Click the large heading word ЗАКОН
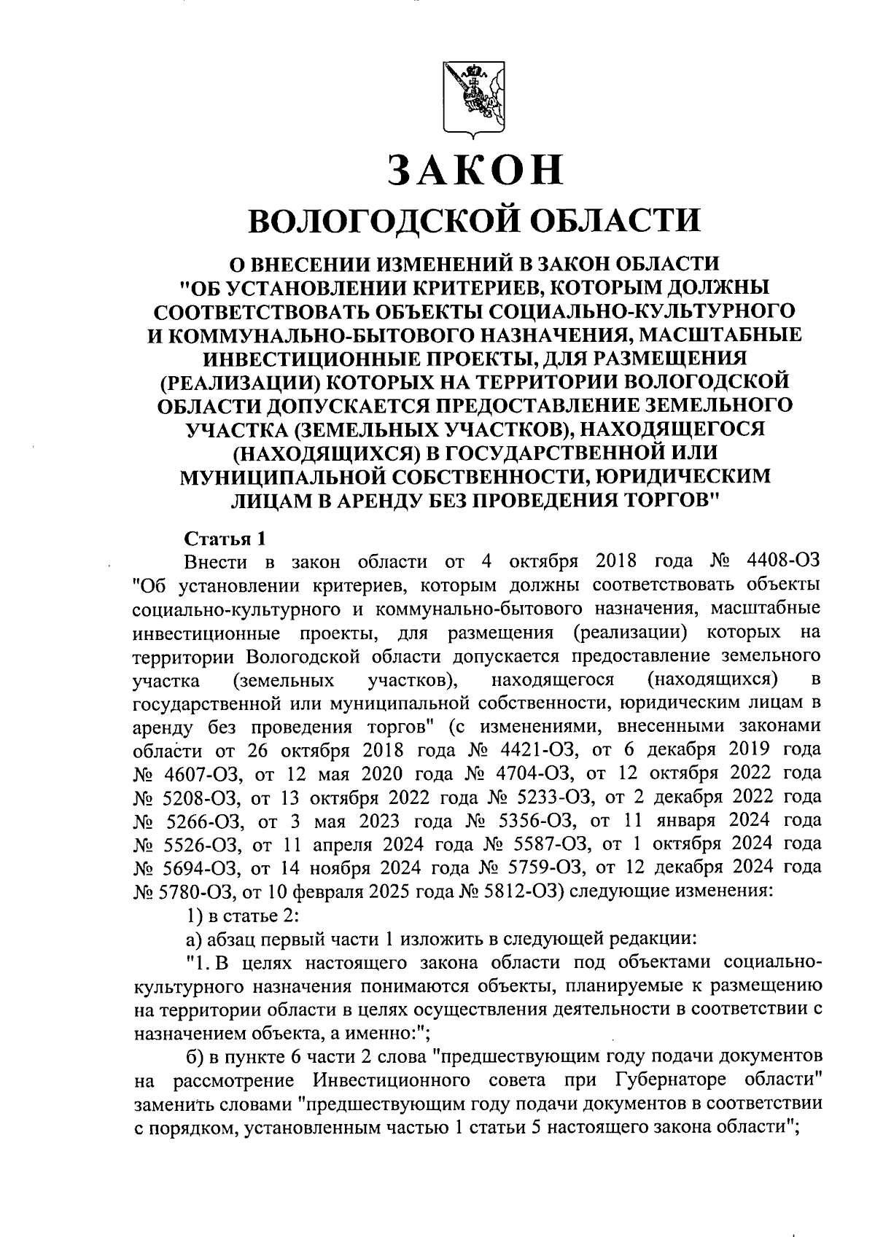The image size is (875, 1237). [475, 168]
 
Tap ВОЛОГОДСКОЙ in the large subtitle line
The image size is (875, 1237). [378, 219]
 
